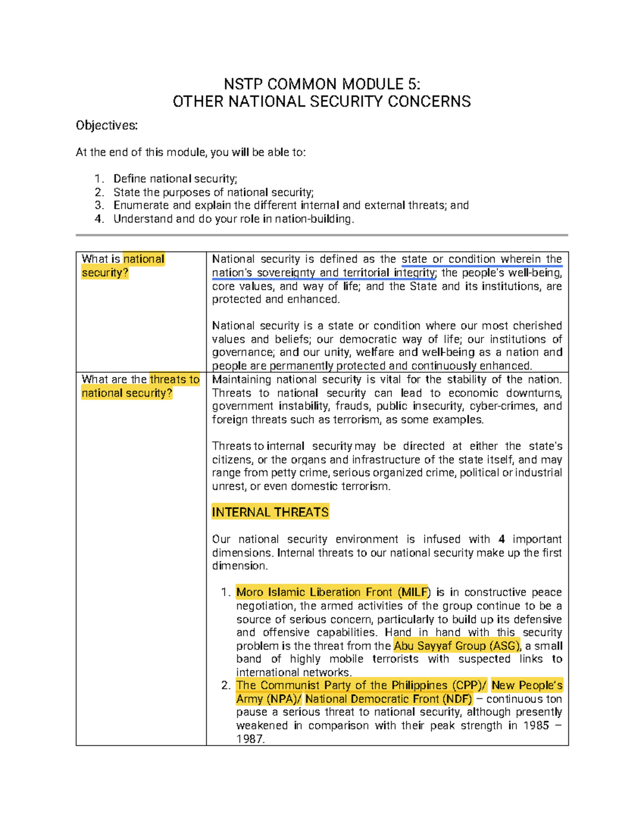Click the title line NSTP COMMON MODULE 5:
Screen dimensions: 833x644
pyautogui.click(x=322, y=84)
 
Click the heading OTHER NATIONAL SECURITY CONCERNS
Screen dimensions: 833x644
pyautogui.click(x=322, y=101)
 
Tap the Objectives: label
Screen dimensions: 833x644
pyautogui.click(x=107, y=126)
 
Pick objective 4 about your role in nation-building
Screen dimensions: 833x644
pyautogui.click(x=233, y=219)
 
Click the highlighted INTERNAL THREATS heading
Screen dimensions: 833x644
pyautogui.click(x=270, y=512)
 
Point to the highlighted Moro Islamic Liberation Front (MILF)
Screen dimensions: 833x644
pyautogui.click(x=333, y=592)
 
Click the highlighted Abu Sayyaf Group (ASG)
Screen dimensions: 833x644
pyautogui.click(x=457, y=646)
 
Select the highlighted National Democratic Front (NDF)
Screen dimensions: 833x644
pyautogui.click(x=389, y=699)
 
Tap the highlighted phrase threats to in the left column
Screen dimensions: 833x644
pyautogui.click(x=174, y=379)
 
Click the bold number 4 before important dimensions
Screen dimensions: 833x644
pyautogui.click(x=501, y=539)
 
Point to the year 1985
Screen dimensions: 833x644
pyautogui.click(x=536, y=726)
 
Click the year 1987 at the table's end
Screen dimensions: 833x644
pyautogui.click(x=250, y=739)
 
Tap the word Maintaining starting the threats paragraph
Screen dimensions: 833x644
pyautogui.click(x=241, y=379)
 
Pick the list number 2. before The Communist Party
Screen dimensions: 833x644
pyautogui.click(x=226, y=685)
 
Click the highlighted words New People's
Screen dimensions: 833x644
pyautogui.click(x=526, y=685)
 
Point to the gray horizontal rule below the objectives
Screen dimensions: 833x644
pyautogui.click(x=322, y=235)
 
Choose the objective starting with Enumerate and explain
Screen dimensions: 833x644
pyautogui.click(x=291, y=205)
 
